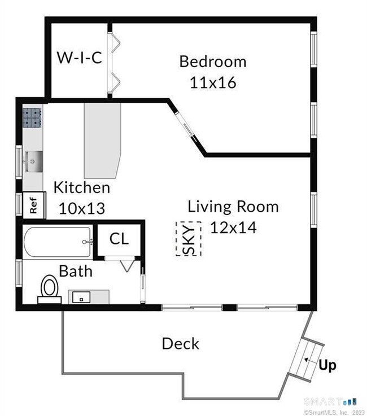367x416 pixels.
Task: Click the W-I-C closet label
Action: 80,58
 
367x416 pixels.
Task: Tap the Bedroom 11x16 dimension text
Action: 213,82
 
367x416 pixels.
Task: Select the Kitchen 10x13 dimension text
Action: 82,208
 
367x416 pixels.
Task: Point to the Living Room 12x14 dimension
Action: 233,227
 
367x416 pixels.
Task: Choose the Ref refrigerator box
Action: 34,205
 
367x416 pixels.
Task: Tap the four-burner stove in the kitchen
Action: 32,117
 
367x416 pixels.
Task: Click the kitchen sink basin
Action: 33,161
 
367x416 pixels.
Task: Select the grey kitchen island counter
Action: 102,141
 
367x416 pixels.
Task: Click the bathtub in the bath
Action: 58,242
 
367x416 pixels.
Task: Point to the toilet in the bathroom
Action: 50,289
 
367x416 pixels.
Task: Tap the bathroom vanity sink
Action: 81,297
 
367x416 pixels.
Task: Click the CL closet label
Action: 119,239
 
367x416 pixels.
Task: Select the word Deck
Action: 181,344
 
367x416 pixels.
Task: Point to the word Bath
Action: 76,271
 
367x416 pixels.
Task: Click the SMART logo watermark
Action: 330,401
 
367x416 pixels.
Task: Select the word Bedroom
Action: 213,62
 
